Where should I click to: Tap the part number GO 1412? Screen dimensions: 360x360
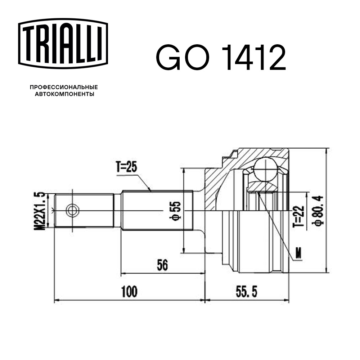[221, 58]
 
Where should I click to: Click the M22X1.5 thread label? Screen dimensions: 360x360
[42, 211]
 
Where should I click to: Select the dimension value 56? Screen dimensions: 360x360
[163, 265]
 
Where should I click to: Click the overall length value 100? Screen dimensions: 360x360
[129, 292]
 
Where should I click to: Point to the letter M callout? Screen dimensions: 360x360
[298, 254]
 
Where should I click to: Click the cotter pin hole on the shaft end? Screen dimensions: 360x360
[73, 210]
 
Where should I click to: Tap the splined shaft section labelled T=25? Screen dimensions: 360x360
[151, 210]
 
